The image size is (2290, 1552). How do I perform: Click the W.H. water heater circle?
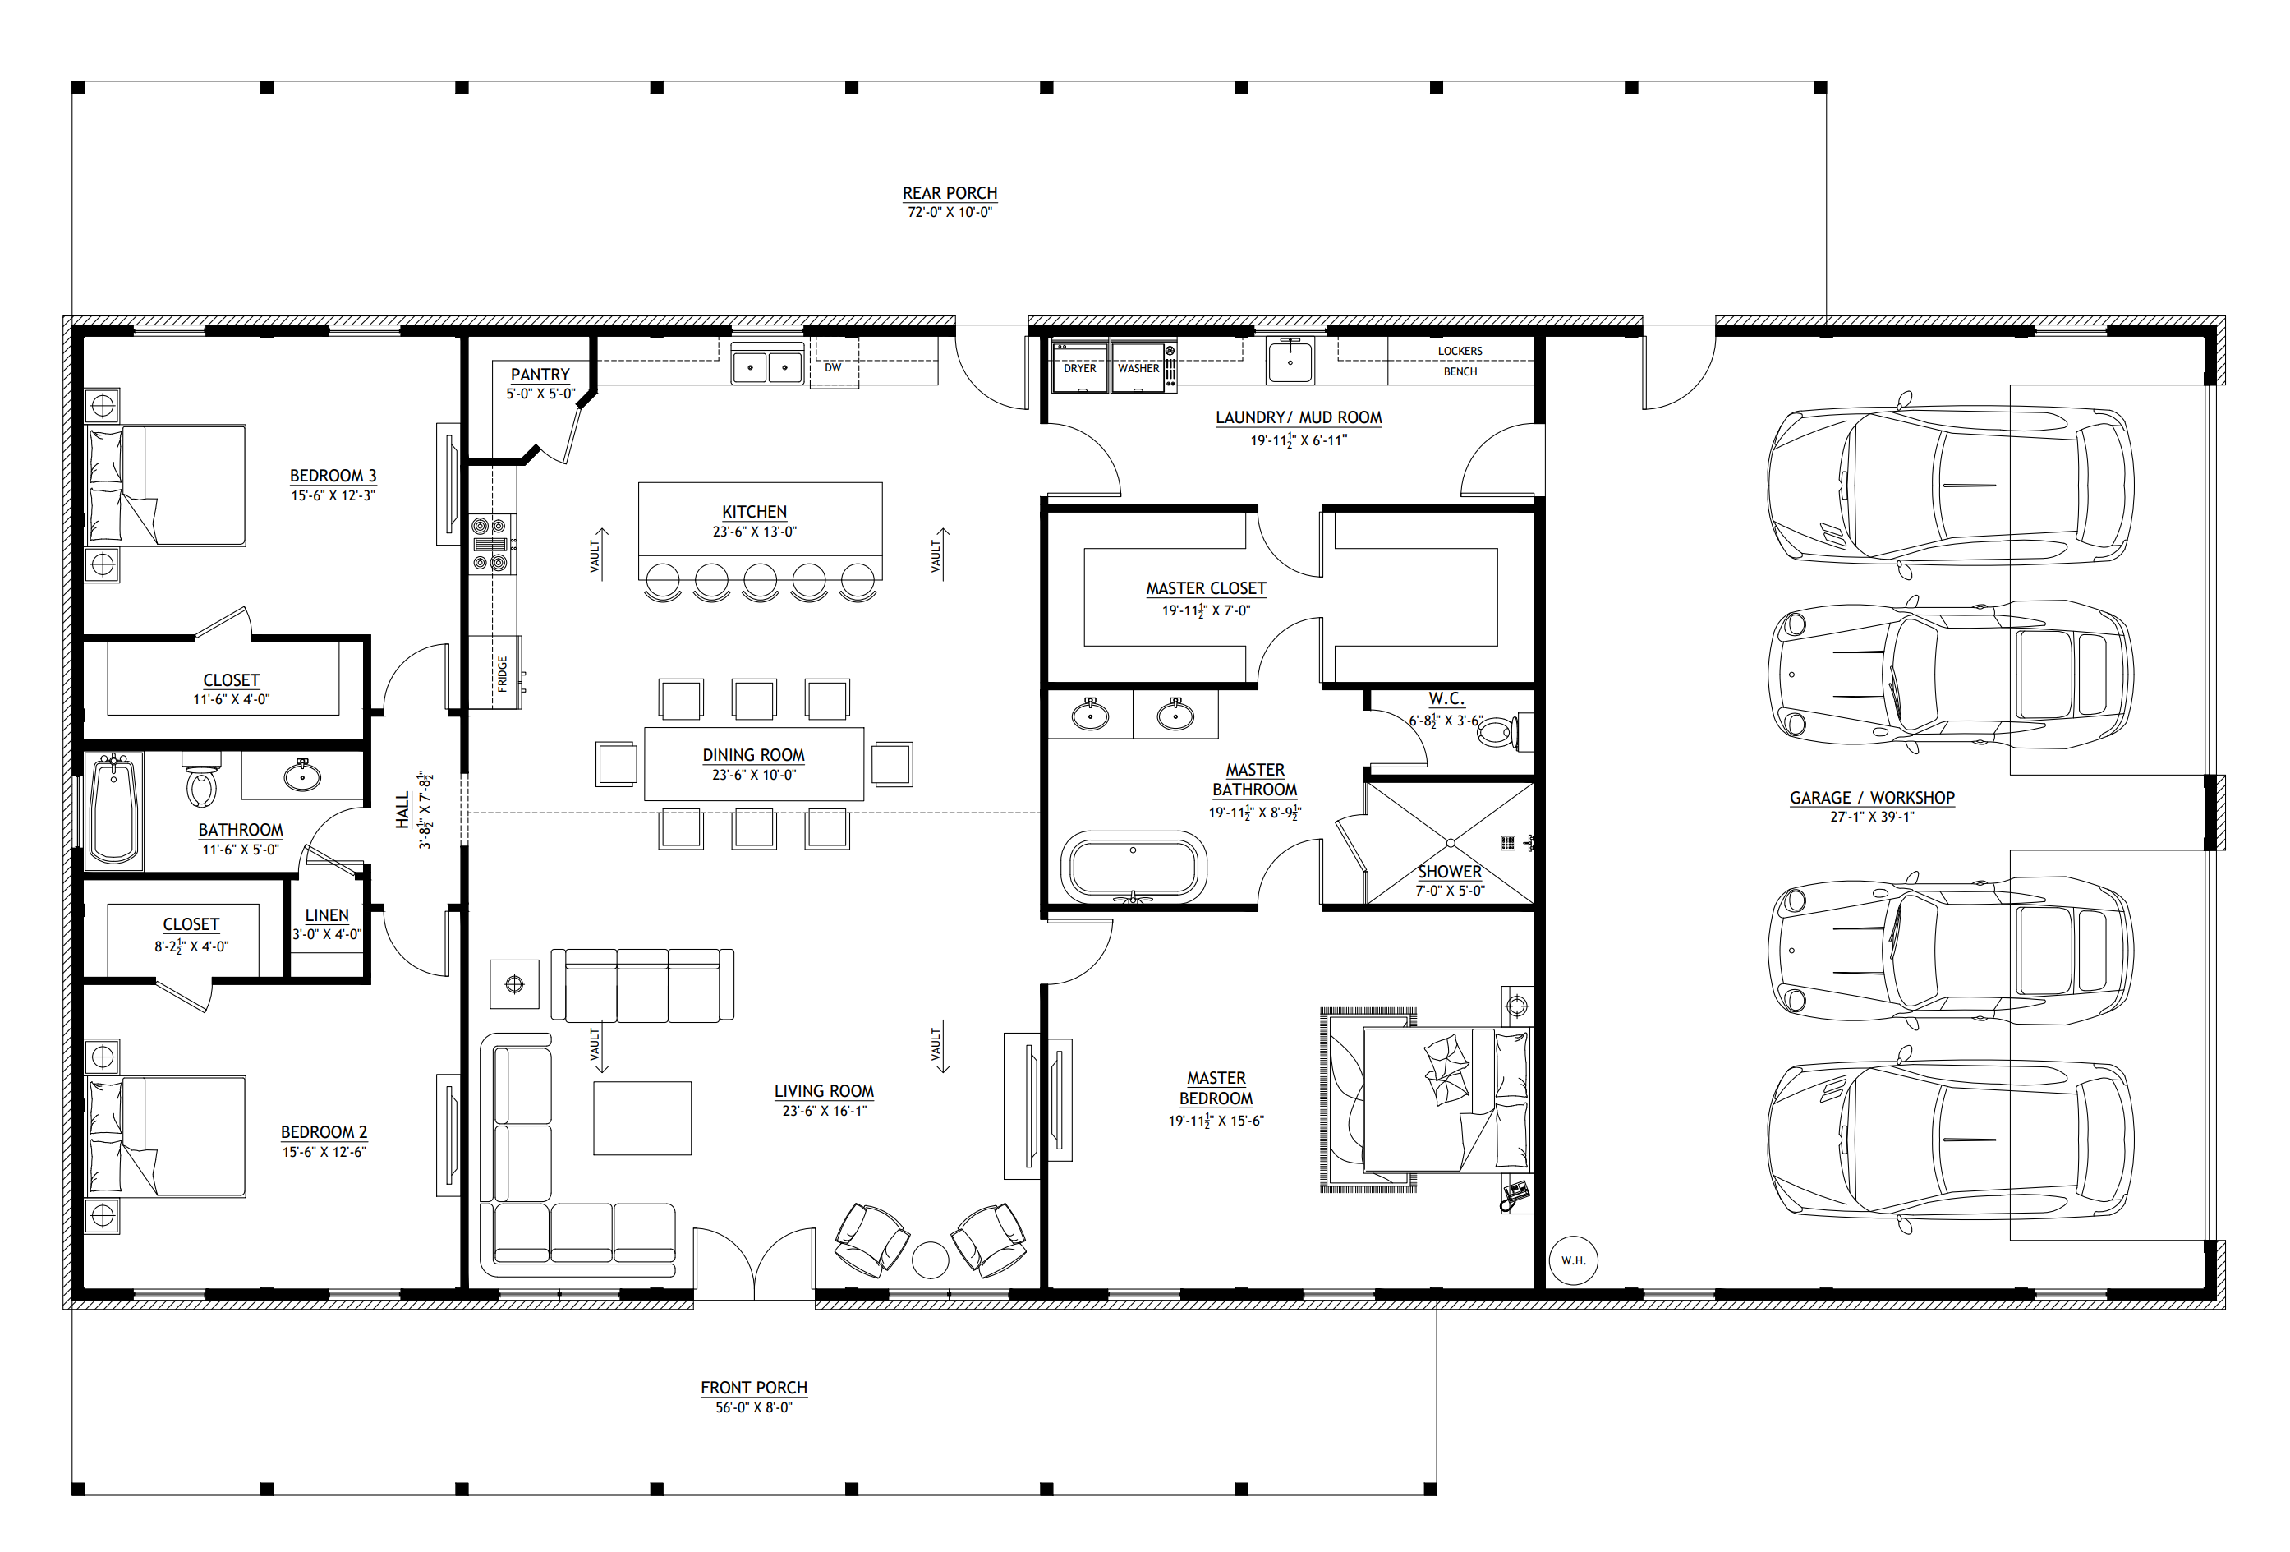pos(1573,1260)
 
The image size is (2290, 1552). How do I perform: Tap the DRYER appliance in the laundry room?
pos(1080,366)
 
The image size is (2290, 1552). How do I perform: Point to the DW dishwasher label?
pos(833,367)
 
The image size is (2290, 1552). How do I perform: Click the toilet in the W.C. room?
pos(1497,732)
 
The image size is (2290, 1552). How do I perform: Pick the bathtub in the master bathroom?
pos(1134,867)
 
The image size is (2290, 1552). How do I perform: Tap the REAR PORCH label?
pos(950,193)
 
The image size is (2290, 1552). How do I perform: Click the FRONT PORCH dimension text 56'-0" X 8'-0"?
pos(754,1408)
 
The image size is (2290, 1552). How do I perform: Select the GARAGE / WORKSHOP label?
pos(1872,798)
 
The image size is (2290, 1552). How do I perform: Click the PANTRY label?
pos(540,375)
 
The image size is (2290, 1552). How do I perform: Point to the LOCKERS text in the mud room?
pos(1460,351)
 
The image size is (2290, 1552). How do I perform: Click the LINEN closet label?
pos(327,915)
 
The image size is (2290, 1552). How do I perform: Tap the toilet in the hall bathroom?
pos(202,781)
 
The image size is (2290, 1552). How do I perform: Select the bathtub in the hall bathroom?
pos(113,811)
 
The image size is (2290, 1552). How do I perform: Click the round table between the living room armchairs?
pos(930,1260)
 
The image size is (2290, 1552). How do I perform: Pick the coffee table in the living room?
pos(642,1118)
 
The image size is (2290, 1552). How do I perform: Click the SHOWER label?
pos(1450,872)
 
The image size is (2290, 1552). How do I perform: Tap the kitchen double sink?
pos(768,365)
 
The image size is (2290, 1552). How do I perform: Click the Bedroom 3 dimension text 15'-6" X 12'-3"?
pos(333,495)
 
